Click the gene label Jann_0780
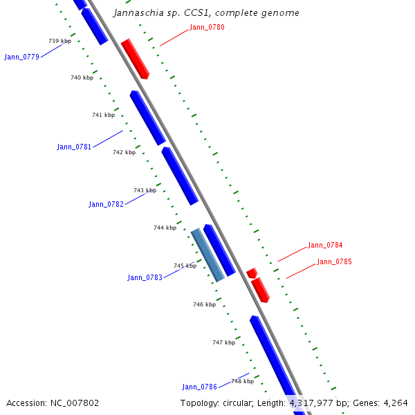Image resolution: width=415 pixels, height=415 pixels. point(207,28)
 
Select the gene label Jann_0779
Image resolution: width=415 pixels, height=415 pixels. point(21,57)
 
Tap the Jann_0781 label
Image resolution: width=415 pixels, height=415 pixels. point(74,147)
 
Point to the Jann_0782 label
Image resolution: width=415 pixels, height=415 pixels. point(106,204)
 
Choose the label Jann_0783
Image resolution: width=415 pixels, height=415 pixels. point(145,277)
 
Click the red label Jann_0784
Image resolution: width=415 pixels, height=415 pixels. point(325,245)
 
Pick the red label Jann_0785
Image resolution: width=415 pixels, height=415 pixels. point(334,261)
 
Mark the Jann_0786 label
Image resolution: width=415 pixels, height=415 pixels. point(199,387)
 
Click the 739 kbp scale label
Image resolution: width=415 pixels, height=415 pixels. point(59,41)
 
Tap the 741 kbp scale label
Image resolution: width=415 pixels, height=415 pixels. point(103,115)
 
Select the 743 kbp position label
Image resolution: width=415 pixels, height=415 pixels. point(145,190)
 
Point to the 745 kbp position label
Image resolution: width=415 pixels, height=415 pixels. point(185,266)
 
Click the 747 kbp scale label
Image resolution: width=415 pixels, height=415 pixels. point(223,342)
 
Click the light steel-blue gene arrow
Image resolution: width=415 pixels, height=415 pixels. point(207,255)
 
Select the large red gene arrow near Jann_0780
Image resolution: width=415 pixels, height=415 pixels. point(135,59)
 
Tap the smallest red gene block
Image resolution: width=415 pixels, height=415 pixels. point(251,273)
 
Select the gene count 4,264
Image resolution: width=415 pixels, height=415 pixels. point(394,403)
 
